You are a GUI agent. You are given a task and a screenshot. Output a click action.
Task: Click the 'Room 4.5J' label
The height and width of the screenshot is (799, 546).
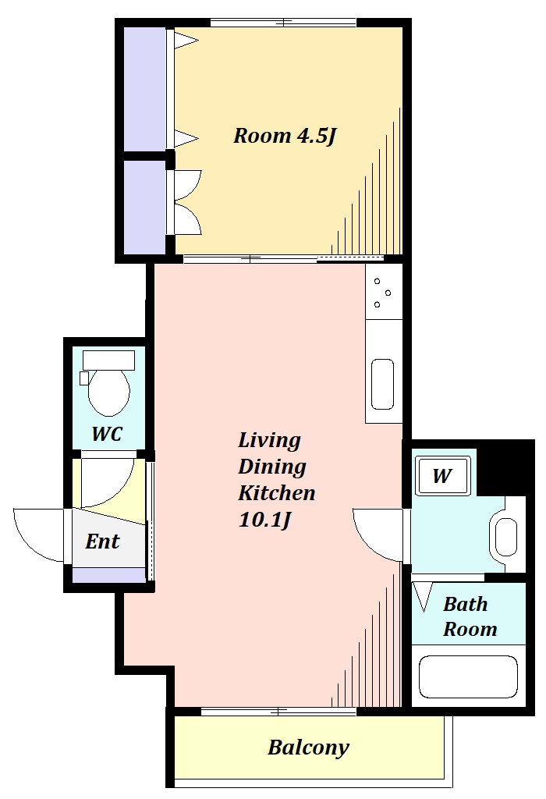click(285, 136)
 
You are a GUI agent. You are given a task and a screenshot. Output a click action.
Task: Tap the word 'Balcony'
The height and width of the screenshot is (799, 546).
click(308, 748)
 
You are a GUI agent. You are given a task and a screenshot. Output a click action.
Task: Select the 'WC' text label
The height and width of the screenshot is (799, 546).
click(107, 434)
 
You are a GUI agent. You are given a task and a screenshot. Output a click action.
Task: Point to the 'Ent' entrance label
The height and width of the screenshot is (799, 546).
click(102, 542)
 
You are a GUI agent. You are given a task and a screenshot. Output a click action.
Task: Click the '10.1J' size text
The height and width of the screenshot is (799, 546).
click(264, 520)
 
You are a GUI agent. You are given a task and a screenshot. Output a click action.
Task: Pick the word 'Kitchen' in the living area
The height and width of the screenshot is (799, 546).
click(277, 493)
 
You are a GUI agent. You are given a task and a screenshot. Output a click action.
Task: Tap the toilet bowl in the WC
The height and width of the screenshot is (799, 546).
click(108, 392)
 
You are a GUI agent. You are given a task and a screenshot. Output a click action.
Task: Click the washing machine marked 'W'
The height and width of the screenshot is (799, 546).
click(442, 475)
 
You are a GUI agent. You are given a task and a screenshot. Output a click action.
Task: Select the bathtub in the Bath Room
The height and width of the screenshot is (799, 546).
click(467, 676)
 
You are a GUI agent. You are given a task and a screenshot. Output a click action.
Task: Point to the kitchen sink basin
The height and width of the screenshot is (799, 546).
click(382, 385)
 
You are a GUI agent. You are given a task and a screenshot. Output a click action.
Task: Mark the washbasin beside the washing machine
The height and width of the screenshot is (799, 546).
click(505, 537)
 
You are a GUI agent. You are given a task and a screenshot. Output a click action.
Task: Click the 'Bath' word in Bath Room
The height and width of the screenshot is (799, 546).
click(465, 605)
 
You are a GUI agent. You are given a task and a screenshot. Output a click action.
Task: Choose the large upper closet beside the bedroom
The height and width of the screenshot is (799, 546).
click(144, 89)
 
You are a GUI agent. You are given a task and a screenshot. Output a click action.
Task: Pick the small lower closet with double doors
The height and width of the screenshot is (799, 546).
click(144, 207)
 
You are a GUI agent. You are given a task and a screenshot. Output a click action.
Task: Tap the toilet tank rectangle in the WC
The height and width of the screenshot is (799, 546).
click(108, 360)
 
